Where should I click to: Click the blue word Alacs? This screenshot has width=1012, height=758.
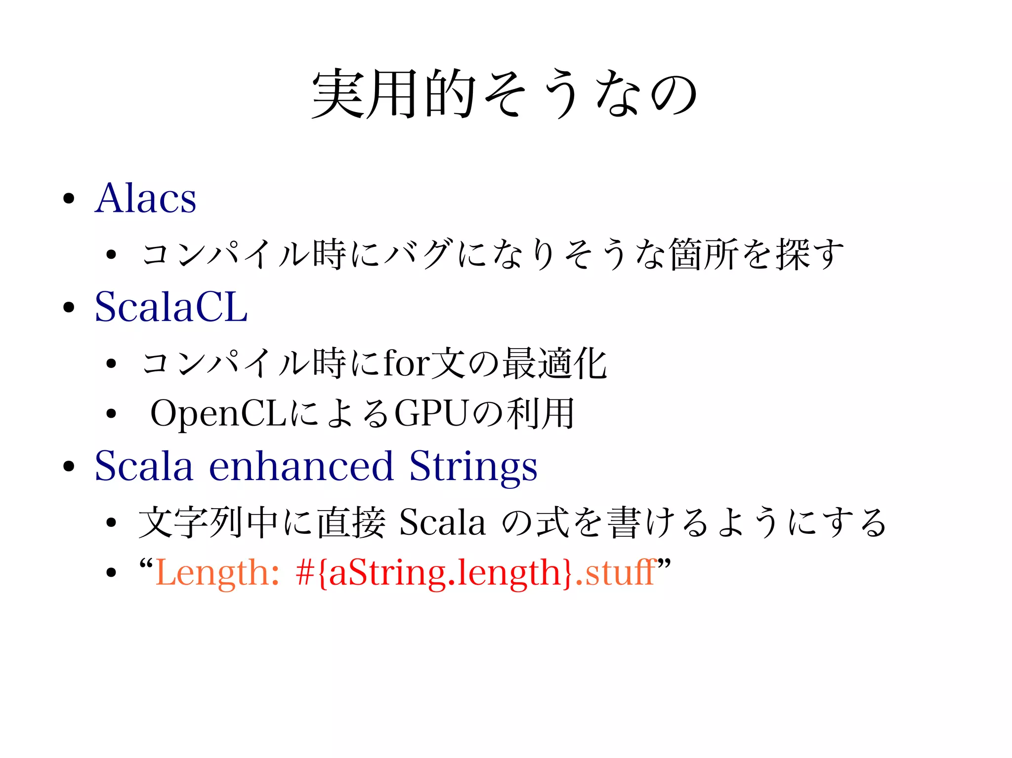tap(146, 199)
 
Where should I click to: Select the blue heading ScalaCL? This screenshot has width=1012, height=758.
tap(171, 307)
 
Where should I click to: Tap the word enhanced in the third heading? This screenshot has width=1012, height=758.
tap(301, 466)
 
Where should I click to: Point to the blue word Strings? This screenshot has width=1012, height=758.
tap(473, 467)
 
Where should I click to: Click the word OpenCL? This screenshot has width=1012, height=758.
tap(218, 414)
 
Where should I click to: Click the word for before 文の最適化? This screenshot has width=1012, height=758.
tap(406, 363)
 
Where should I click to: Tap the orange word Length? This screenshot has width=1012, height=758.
tap(217, 573)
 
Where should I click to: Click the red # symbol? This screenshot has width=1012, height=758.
tap(305, 573)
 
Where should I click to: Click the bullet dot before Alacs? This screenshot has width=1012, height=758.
tap(69, 199)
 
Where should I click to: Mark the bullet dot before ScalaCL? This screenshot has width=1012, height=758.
tap(69, 308)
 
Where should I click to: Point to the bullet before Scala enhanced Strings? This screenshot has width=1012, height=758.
tap(69, 466)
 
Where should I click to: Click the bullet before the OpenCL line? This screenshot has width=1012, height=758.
tap(111, 414)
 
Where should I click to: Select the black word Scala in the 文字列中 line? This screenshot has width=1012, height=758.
tap(442, 522)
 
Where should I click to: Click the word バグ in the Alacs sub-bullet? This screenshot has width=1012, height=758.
tap(418, 254)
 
